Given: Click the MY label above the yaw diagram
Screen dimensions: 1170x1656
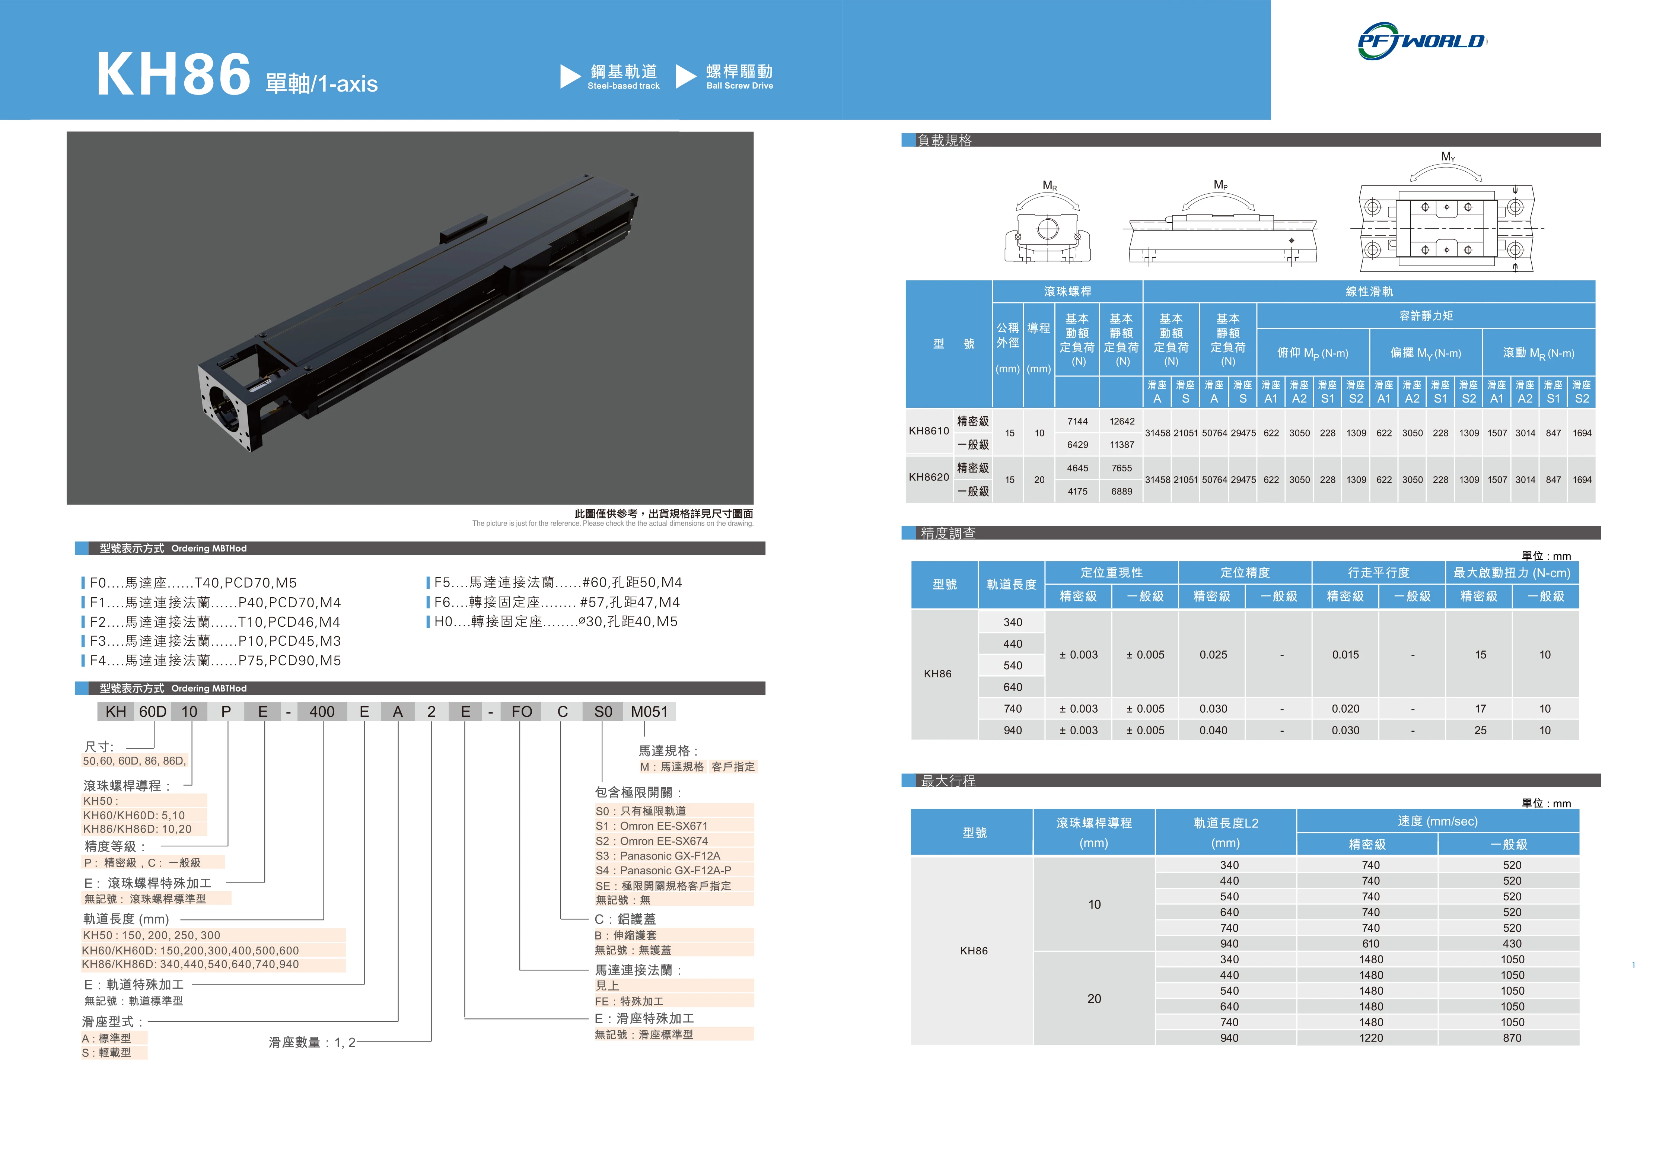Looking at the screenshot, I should coord(1448,156).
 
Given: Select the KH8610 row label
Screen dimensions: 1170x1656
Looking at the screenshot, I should coord(929,431).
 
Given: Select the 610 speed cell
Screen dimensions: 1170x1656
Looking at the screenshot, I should coord(1370,944).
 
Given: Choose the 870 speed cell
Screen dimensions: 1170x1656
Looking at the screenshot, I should coord(1512,1038).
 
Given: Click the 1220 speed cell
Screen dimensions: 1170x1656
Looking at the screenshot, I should coord(1370,1038).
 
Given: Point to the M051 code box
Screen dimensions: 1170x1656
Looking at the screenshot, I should coord(649,712).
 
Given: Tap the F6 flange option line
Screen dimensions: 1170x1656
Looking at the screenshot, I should coord(556,602).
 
